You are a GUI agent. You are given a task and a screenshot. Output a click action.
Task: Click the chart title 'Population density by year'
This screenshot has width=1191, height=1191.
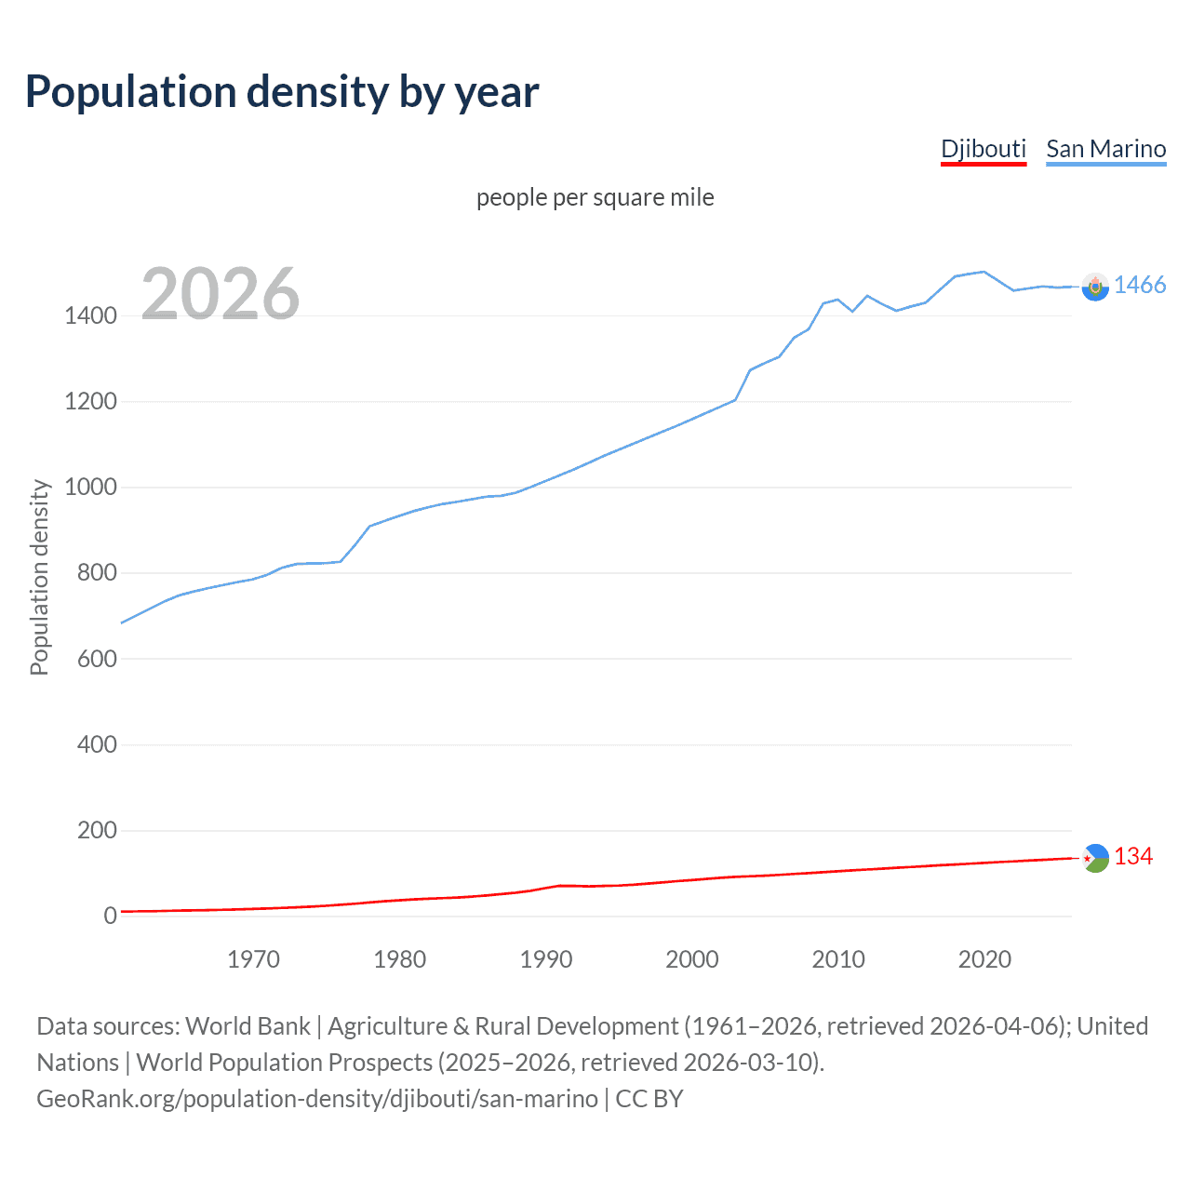(x=282, y=92)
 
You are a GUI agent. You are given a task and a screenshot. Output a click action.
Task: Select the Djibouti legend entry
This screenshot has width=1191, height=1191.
(x=983, y=149)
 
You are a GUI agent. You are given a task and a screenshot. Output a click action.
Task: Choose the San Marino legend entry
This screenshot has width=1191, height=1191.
(x=1105, y=149)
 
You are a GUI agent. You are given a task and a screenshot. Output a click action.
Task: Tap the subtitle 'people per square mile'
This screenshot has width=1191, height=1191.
(x=595, y=197)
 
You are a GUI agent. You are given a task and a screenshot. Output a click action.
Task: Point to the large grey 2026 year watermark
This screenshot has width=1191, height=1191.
(x=221, y=294)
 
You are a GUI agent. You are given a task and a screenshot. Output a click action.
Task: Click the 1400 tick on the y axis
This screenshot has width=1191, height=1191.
(x=90, y=316)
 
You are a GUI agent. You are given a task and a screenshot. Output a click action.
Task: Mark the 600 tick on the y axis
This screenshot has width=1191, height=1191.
(x=97, y=659)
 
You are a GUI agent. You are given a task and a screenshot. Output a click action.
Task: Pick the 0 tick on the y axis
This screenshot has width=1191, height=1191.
(x=111, y=916)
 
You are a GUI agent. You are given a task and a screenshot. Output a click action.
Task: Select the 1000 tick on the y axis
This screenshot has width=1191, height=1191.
(x=90, y=488)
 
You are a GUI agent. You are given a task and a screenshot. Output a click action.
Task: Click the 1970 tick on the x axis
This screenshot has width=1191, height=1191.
(x=253, y=959)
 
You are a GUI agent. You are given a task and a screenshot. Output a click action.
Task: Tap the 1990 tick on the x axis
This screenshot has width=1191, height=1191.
(x=546, y=959)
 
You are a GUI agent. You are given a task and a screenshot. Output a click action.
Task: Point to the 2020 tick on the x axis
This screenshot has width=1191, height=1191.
(x=984, y=959)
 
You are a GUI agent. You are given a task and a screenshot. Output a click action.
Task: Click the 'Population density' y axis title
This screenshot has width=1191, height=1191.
(x=39, y=577)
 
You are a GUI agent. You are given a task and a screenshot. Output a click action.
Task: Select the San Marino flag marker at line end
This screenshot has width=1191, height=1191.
(x=1095, y=288)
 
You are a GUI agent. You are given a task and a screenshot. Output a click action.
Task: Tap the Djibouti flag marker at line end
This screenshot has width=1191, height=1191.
(x=1095, y=858)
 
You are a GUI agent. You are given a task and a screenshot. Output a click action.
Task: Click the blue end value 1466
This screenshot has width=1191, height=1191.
(x=1139, y=286)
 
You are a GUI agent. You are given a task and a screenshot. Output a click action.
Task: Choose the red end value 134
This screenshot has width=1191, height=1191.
(x=1132, y=857)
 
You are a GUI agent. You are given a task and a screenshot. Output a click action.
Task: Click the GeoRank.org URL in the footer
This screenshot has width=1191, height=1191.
(x=317, y=1099)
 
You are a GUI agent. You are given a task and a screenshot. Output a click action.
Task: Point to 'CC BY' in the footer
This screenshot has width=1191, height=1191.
(x=649, y=1099)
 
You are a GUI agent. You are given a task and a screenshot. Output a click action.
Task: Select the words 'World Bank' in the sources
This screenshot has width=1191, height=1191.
(x=248, y=1026)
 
